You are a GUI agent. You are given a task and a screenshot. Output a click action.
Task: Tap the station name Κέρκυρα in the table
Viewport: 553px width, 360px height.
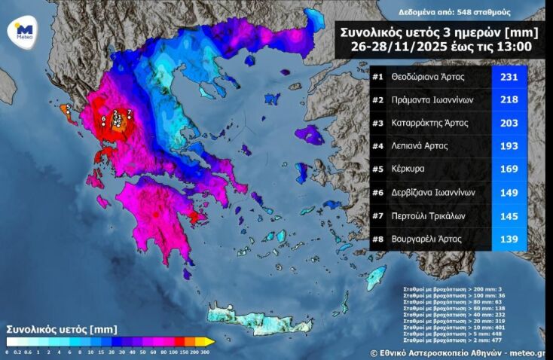pyautogui.click(x=410, y=169)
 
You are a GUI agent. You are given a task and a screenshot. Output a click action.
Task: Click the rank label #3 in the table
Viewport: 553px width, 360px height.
pyautogui.click(x=379, y=123)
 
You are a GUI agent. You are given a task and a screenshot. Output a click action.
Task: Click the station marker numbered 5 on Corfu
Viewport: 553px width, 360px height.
pyautogui.click(x=68, y=108)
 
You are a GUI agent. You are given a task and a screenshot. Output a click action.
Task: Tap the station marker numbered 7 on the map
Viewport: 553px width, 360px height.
pyautogui.click(x=130, y=114)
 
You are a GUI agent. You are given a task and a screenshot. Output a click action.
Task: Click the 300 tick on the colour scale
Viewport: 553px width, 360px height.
pyautogui.click(x=206, y=352)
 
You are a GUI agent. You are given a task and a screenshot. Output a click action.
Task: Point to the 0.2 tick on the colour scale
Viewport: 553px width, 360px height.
pyautogui.click(x=17, y=352)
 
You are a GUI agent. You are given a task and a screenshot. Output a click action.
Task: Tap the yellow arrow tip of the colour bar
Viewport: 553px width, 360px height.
pyautogui.click(x=211, y=342)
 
